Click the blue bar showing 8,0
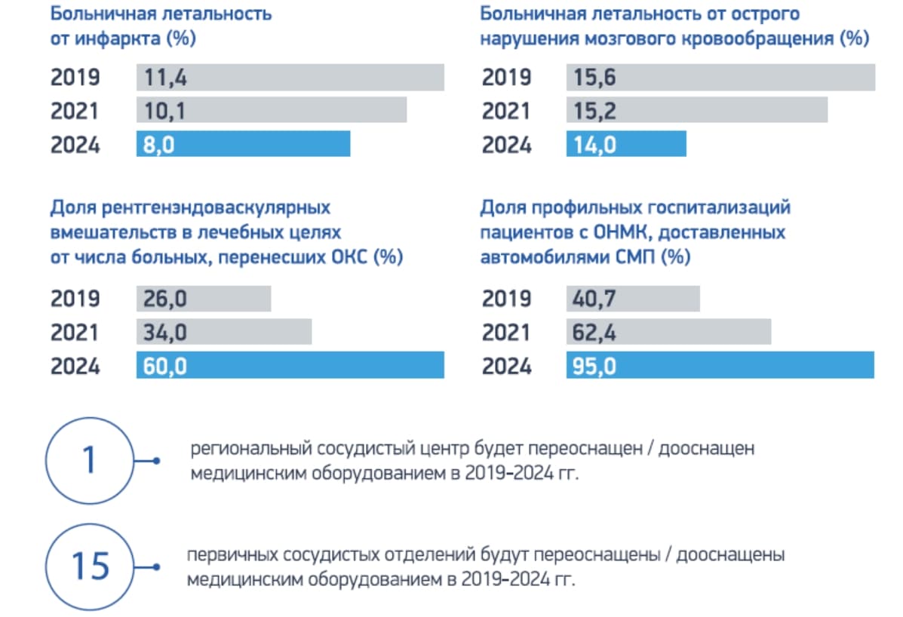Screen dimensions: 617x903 (x=243, y=144)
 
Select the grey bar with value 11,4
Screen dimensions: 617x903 (x=290, y=78)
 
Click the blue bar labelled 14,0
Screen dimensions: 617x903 (x=626, y=144)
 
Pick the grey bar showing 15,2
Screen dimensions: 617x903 (x=696, y=111)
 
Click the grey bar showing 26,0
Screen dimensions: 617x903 (x=204, y=299)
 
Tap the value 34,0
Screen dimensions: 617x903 (x=161, y=333)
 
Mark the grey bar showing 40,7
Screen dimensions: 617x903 (x=633, y=299)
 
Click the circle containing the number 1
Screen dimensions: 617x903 (x=89, y=460)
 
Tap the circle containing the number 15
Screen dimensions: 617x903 (x=89, y=566)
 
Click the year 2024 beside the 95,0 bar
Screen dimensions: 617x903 (x=506, y=367)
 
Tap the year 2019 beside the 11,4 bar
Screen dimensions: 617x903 (x=75, y=78)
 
